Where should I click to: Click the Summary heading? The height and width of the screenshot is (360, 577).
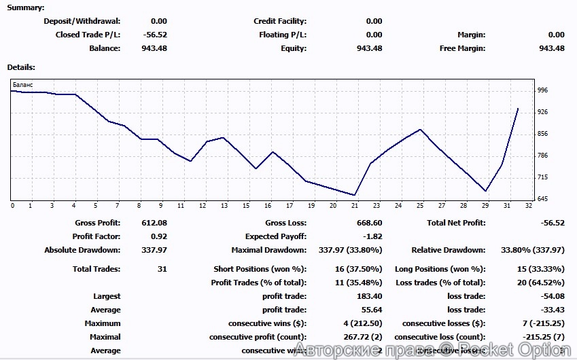coord(25,8)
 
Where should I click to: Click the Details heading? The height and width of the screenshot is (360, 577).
coord(21,67)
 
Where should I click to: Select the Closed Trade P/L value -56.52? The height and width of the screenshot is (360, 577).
coord(155,35)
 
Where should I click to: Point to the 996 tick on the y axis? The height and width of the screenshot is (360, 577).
coord(542,90)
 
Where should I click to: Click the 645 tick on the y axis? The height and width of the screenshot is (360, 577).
coord(542,199)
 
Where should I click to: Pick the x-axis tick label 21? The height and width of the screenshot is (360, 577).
coord(354,205)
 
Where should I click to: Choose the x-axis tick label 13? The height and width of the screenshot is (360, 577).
coord(224,205)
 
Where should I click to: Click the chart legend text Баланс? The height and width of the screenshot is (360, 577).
coord(22,84)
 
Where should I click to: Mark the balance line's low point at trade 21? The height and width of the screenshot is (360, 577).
coord(355,195)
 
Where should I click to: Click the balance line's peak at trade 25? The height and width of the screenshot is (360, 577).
coord(421,129)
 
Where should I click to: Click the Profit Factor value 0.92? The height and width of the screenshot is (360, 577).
coord(158,236)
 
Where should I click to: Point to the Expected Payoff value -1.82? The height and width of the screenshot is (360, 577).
coord(372,236)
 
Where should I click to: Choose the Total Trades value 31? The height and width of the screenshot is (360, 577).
coord(162,269)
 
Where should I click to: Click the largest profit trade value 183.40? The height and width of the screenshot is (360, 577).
coord(369,296)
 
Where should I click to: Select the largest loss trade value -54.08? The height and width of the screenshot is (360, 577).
coord(552,296)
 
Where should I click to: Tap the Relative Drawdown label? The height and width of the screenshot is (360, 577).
coord(448,250)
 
